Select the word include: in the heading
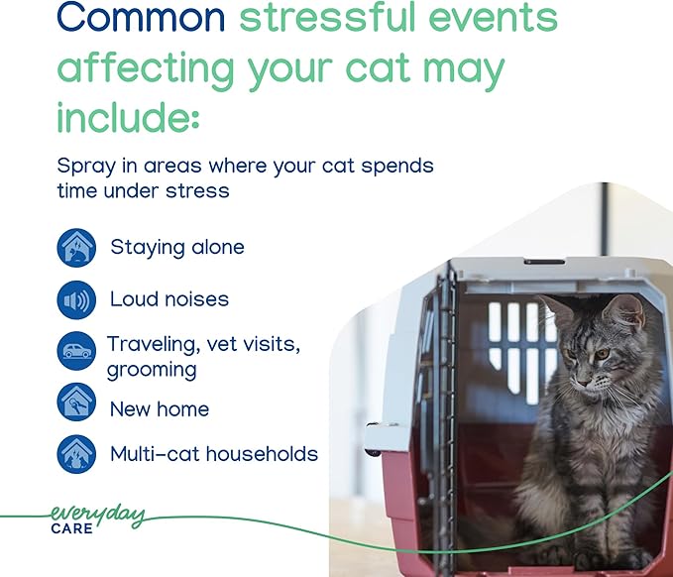click(128, 116)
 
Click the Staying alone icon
click(76, 248)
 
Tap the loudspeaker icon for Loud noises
click(76, 299)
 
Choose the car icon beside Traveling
click(76, 351)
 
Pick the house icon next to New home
click(76, 403)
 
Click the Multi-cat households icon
click(76, 454)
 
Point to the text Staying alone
click(176, 248)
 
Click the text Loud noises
click(168, 299)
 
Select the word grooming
click(152, 370)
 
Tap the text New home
click(159, 408)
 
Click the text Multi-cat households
click(213, 454)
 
